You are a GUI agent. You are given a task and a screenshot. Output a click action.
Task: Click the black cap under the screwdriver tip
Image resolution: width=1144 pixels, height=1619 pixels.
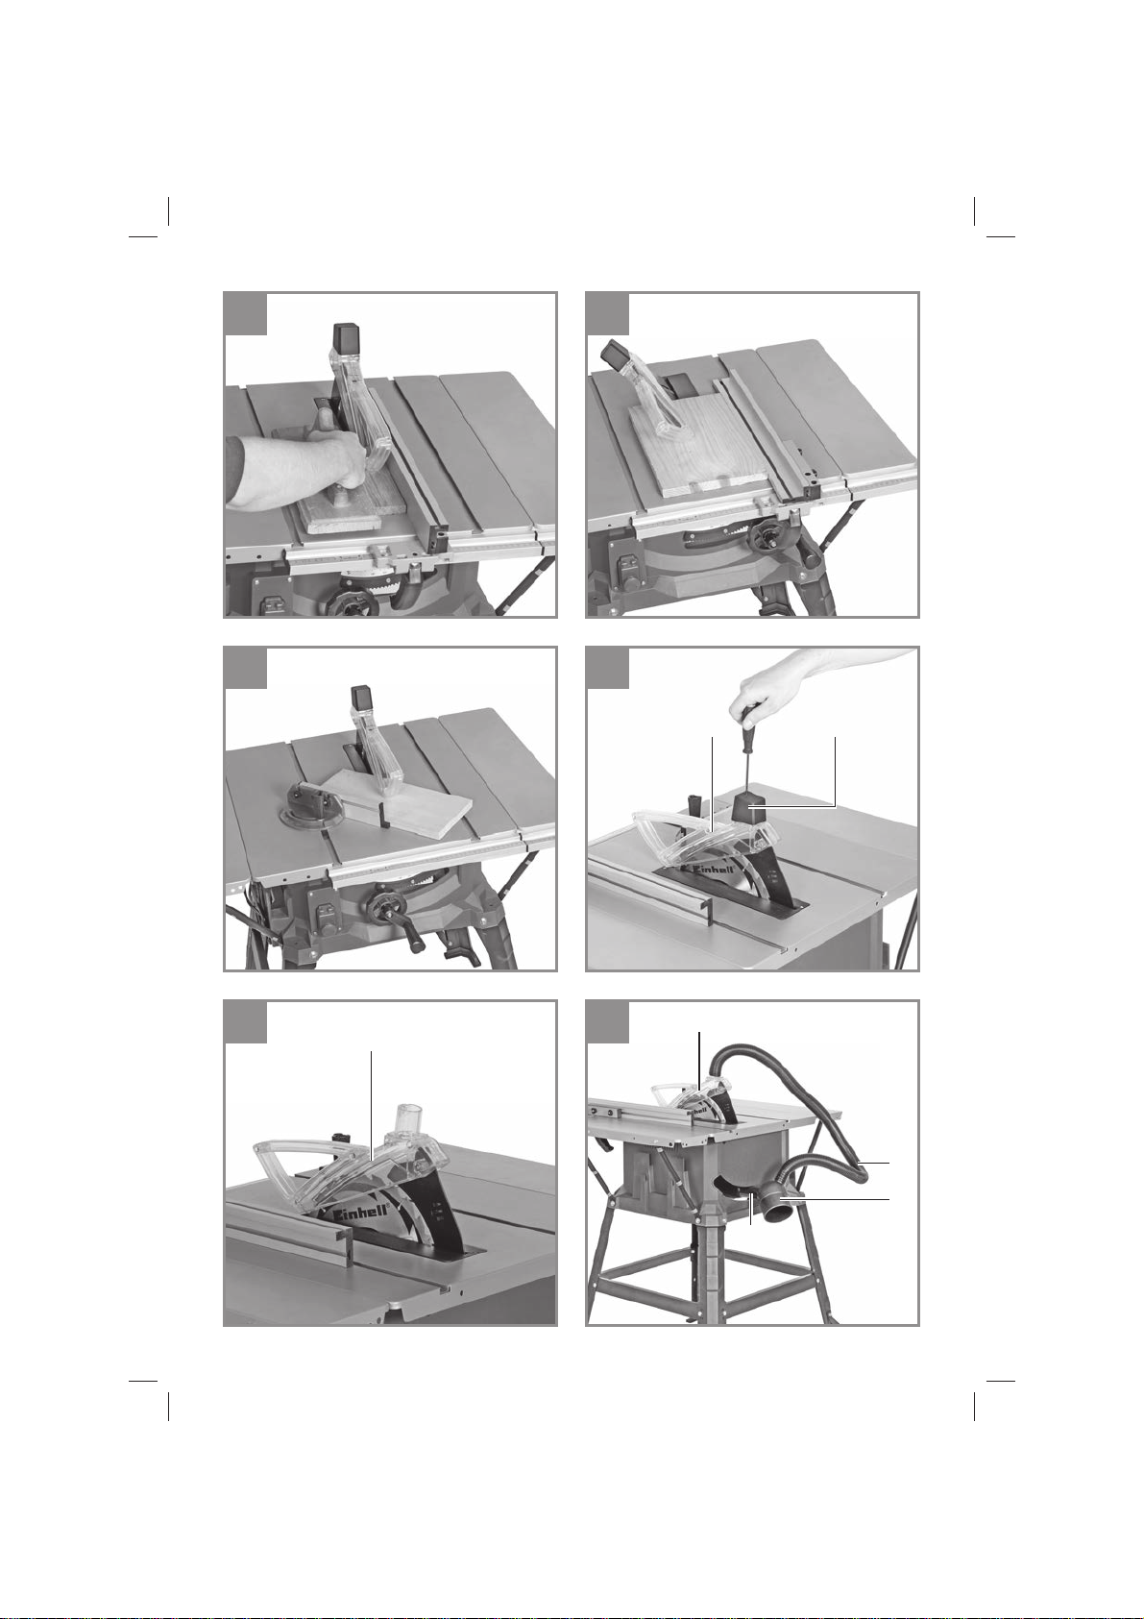(x=748, y=809)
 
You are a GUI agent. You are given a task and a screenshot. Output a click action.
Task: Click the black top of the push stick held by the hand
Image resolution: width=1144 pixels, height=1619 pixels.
(x=345, y=339)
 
